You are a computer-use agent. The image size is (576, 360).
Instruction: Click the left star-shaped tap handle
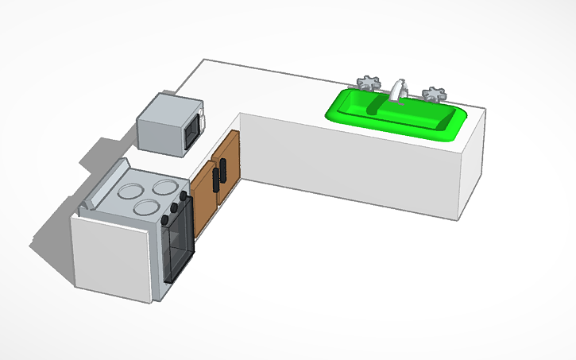tap(367, 83)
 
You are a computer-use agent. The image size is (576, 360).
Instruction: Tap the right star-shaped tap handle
tap(433, 95)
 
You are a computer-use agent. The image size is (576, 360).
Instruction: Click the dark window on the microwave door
tap(191, 132)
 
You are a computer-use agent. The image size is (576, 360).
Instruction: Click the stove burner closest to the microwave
tap(165, 188)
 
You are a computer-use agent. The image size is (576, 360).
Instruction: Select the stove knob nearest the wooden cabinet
tap(183, 195)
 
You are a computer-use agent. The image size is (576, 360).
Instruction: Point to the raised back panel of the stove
tap(103, 187)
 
